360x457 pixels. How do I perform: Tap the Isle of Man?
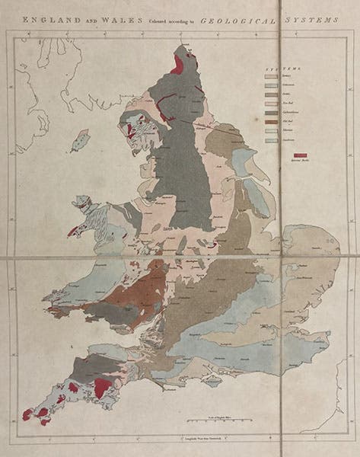[79, 140]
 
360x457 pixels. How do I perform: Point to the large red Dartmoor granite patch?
[100, 388]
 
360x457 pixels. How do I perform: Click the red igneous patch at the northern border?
[178, 64]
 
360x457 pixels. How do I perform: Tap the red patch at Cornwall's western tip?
[28, 415]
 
